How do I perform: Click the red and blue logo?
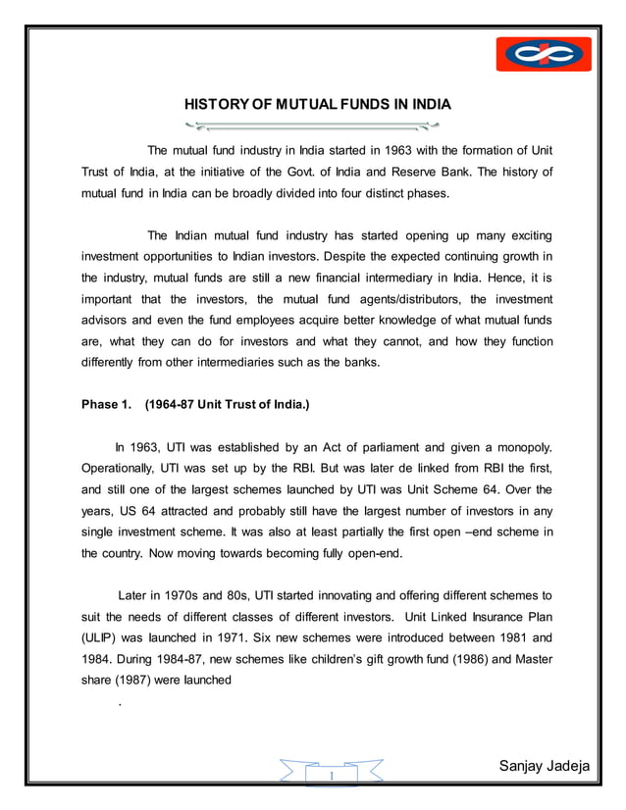click(x=543, y=55)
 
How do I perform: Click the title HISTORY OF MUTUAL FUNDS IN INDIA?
click(x=311, y=105)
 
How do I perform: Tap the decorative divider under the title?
click(x=312, y=126)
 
